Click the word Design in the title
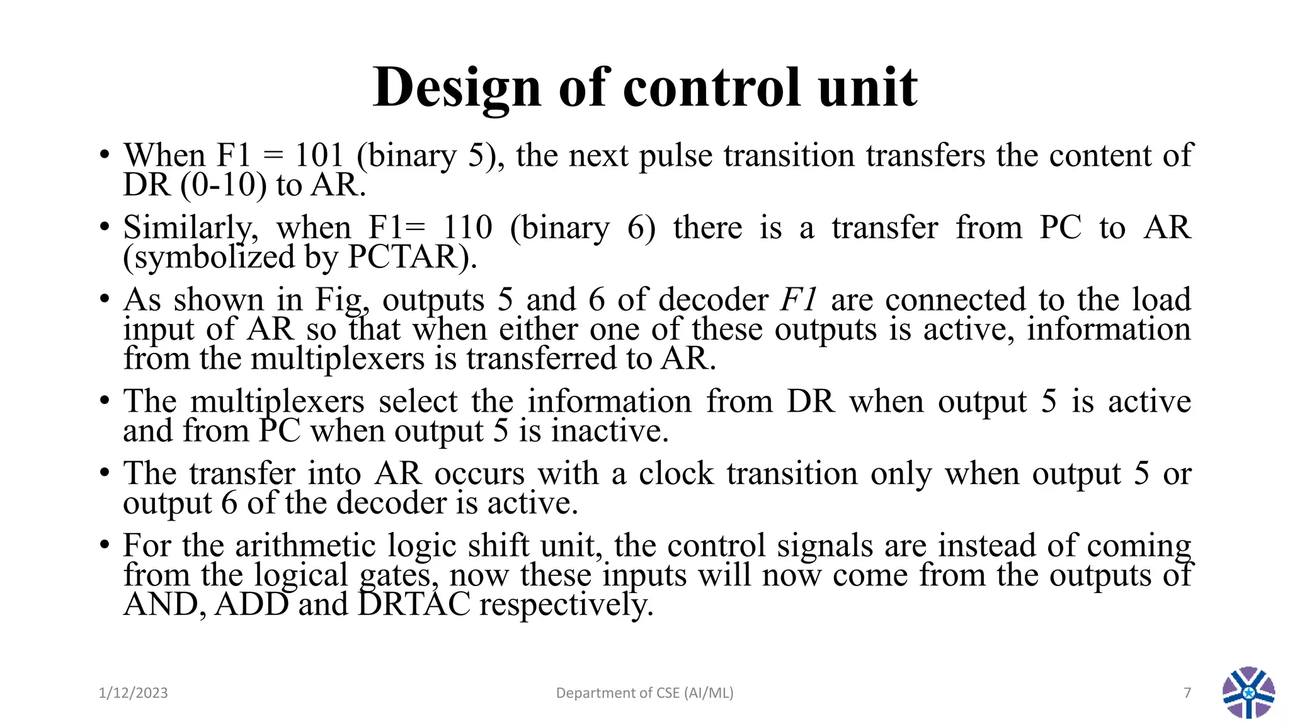[x=457, y=88]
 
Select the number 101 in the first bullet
[x=319, y=156]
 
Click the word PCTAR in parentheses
[x=408, y=257]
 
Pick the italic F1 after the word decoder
[x=799, y=300]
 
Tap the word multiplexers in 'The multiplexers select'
[x=277, y=402]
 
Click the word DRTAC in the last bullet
[x=414, y=605]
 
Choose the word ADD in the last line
[x=251, y=605]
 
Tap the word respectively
[x=566, y=605]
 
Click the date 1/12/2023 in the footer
[x=134, y=693]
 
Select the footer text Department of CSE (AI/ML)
[x=644, y=693]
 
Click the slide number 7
[x=1187, y=693]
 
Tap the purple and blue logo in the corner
[x=1248, y=693]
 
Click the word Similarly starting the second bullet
[x=190, y=228]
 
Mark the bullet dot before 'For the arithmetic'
[x=105, y=545]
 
